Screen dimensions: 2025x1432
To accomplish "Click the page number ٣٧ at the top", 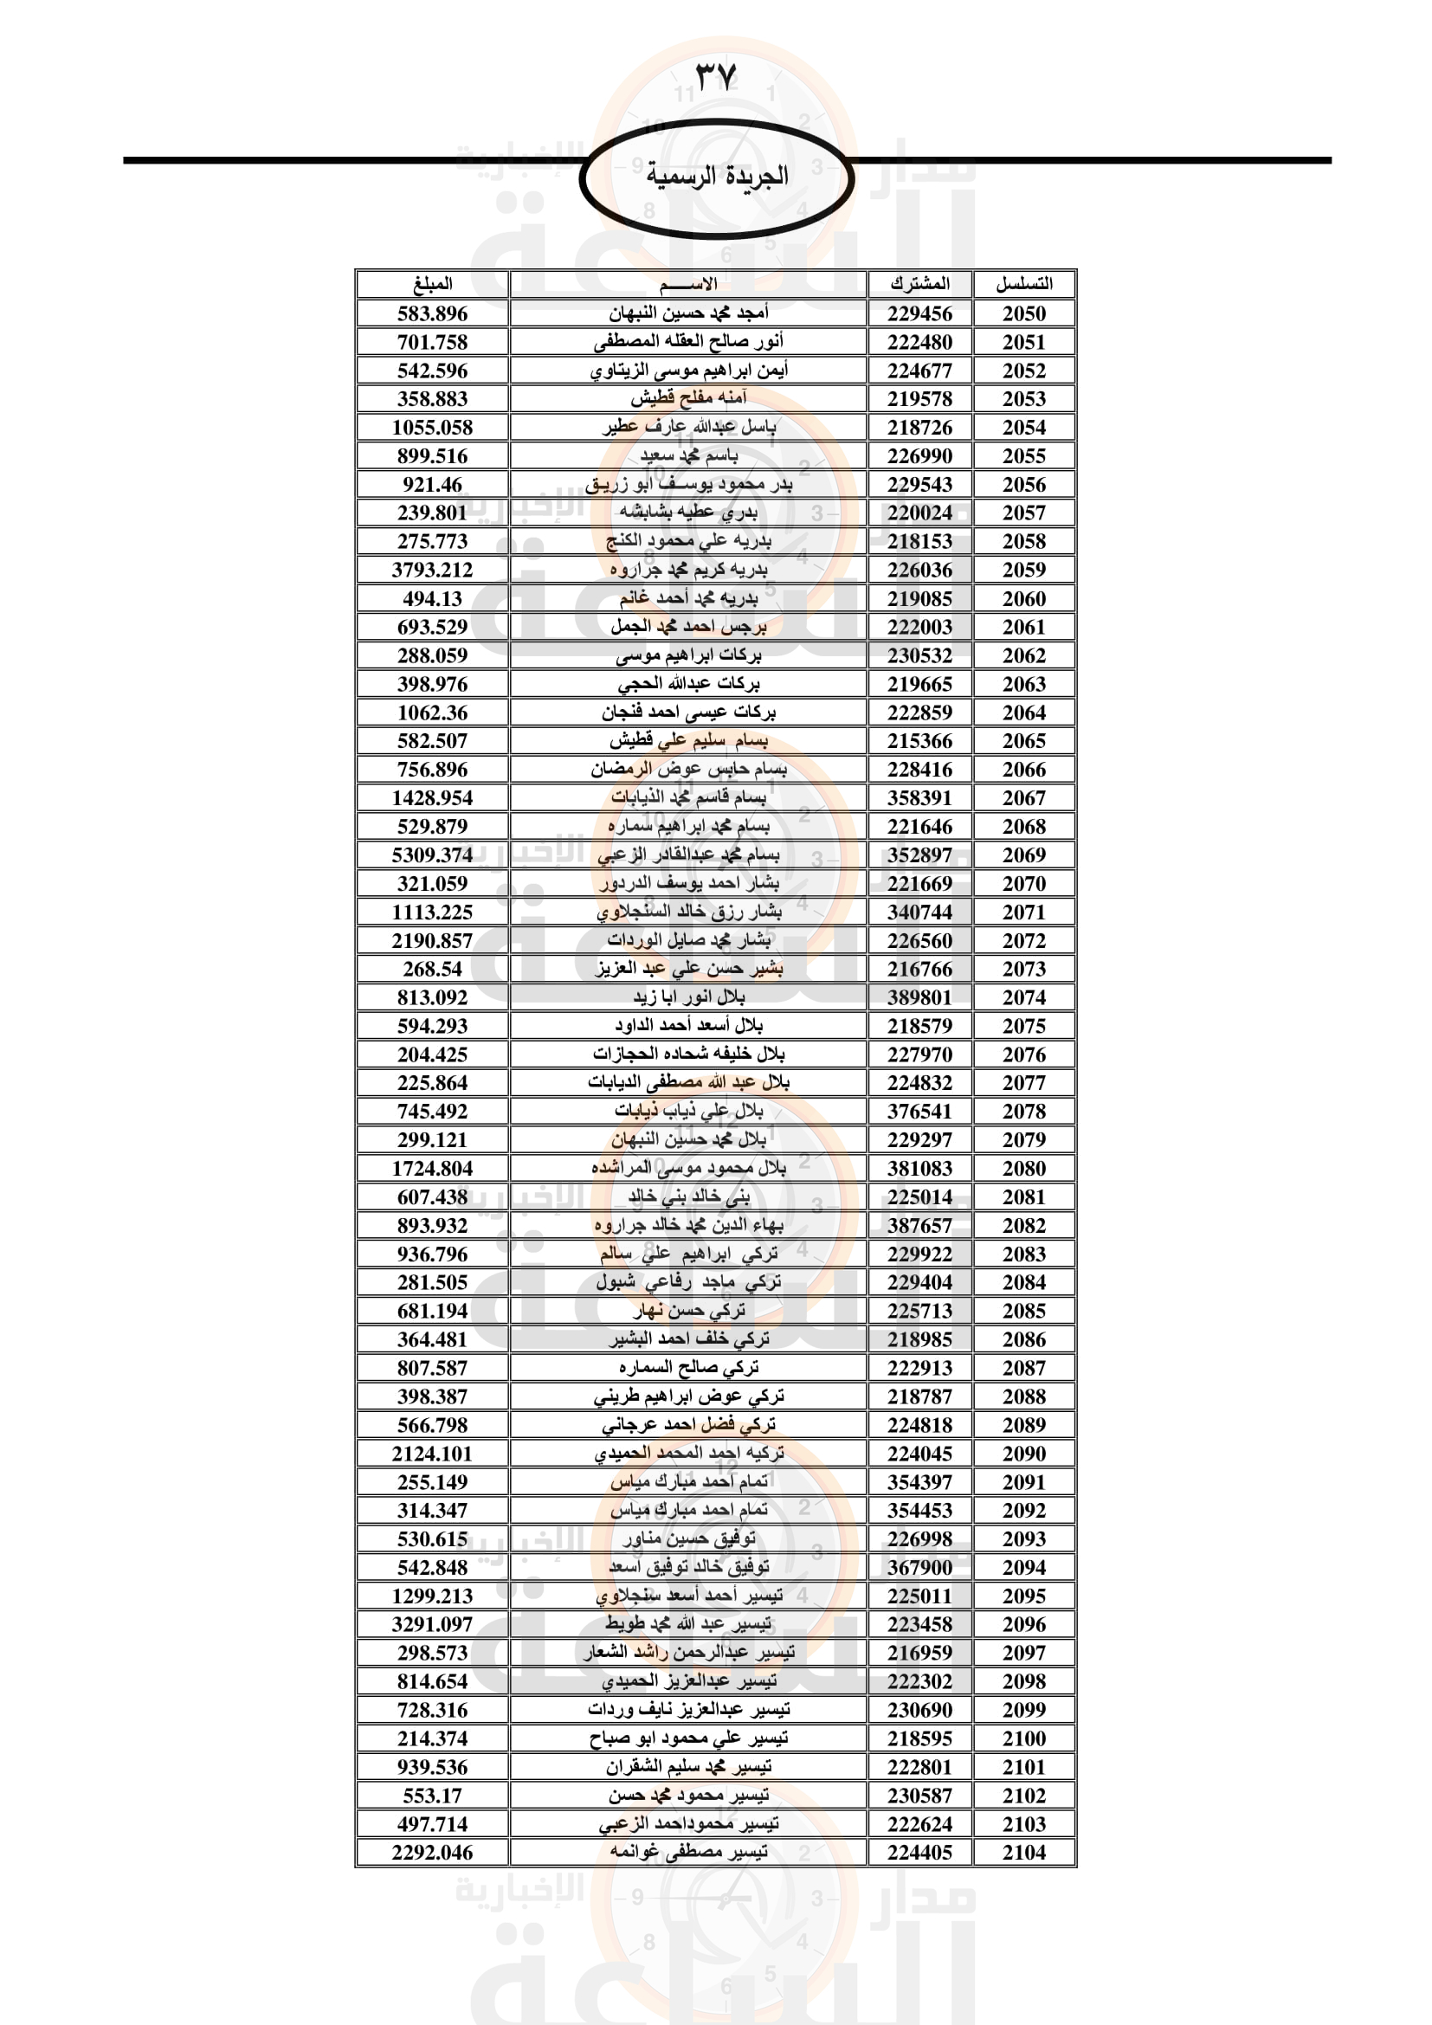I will pos(715,77).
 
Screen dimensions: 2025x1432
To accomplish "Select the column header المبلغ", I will pos(432,284).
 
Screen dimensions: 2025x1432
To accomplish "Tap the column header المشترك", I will pos(919,284).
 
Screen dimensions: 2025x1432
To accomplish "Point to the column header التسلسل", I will pos(1023,284).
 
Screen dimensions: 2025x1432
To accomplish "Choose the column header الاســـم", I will pos(687,284).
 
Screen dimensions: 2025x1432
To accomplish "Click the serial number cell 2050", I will pos(1023,313).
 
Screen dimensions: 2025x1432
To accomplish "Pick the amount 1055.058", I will pos(432,428).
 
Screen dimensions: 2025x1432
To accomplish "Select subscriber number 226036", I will pos(919,570).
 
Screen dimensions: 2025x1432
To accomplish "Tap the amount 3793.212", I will pos(432,570).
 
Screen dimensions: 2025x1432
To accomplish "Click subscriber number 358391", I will pos(919,798).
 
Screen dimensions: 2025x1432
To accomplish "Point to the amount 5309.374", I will pos(432,854).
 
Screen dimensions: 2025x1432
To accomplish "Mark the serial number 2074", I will pos(1023,997).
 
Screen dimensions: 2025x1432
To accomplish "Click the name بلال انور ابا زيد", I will pos(687,997).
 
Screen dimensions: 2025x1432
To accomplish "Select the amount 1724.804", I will pos(432,1169).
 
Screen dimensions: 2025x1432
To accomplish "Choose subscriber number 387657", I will pos(919,1225).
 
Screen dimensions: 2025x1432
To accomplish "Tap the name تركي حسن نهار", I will pos(687,1311).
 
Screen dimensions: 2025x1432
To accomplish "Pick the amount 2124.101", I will pos(432,1454).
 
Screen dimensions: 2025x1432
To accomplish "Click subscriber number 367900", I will pos(919,1567).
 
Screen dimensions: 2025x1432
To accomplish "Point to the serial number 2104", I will pos(1023,1852).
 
